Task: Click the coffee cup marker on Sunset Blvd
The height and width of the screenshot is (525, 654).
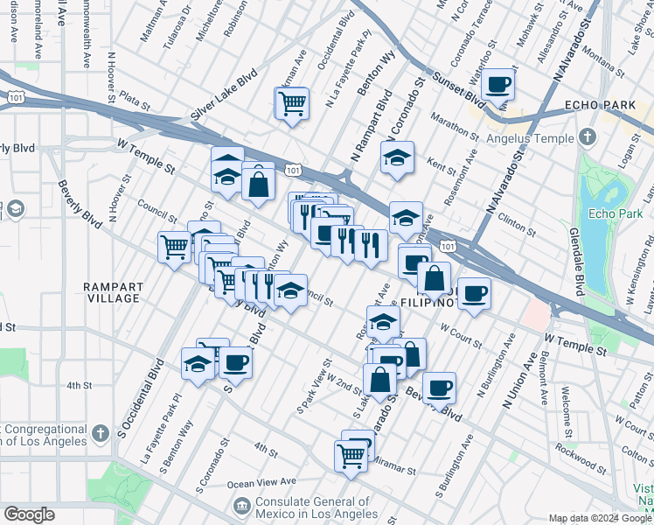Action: [497, 85]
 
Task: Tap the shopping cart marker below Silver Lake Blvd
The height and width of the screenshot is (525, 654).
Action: [291, 103]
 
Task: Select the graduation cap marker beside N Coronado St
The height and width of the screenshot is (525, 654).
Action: [397, 158]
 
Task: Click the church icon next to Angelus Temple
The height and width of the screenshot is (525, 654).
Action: [587, 137]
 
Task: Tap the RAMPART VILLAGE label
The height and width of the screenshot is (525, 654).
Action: [112, 292]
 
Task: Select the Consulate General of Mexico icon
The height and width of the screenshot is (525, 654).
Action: [241, 505]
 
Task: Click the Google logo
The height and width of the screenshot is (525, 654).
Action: [29, 514]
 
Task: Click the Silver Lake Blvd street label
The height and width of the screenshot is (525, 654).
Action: [223, 96]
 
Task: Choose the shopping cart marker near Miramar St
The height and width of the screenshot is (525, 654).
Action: [351, 455]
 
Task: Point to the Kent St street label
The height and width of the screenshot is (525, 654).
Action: [444, 163]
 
